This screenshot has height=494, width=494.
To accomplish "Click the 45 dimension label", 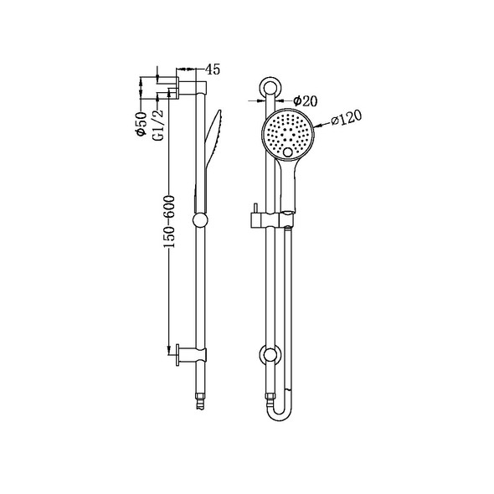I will click(x=213, y=70).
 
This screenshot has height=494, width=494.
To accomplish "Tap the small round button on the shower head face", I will click(x=290, y=152).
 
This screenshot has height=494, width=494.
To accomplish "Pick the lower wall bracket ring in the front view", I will click(x=270, y=355).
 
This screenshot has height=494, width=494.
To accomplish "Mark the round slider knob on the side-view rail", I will click(x=198, y=221).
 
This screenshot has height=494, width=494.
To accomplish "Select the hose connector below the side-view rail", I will click(x=198, y=387).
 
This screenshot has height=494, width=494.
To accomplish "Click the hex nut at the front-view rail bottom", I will click(x=270, y=394).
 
